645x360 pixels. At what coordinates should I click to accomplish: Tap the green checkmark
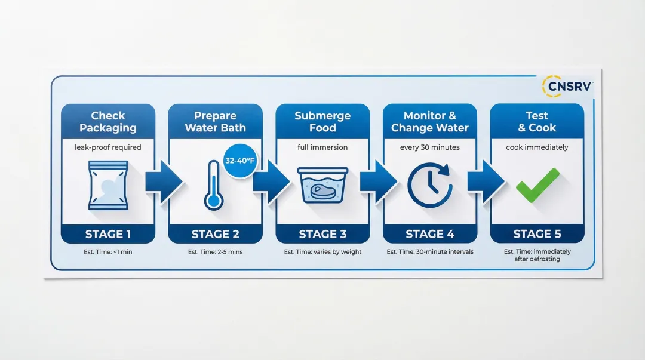point(537,185)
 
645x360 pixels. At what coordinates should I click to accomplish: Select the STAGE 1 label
point(108,233)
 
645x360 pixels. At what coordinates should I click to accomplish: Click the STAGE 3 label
point(322,233)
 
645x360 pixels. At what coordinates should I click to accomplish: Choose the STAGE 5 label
point(537,233)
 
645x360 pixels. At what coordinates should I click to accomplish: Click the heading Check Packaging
point(108,122)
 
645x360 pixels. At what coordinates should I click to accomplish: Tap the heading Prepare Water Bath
point(215,122)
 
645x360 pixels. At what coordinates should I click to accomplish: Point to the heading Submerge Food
point(322,122)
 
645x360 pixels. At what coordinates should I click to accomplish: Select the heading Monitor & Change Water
point(430,122)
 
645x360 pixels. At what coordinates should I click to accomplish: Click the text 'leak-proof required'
point(108,147)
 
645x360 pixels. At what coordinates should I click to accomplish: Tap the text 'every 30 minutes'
point(430,147)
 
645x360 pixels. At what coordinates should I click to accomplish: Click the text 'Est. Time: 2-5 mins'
point(215,252)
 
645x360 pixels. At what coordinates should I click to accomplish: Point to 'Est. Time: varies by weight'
point(322,252)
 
